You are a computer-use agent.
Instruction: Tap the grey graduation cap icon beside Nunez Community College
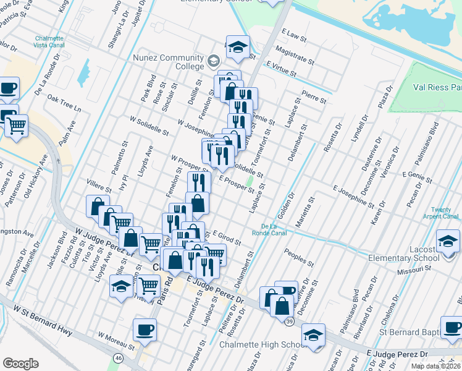coord(214,61)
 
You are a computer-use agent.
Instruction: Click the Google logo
coord(20,364)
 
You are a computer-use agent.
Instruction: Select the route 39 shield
coord(289,320)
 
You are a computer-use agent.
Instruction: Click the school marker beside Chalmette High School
coord(313,335)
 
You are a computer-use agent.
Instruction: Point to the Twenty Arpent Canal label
coord(441,213)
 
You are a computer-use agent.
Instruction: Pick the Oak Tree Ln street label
coord(64,103)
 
